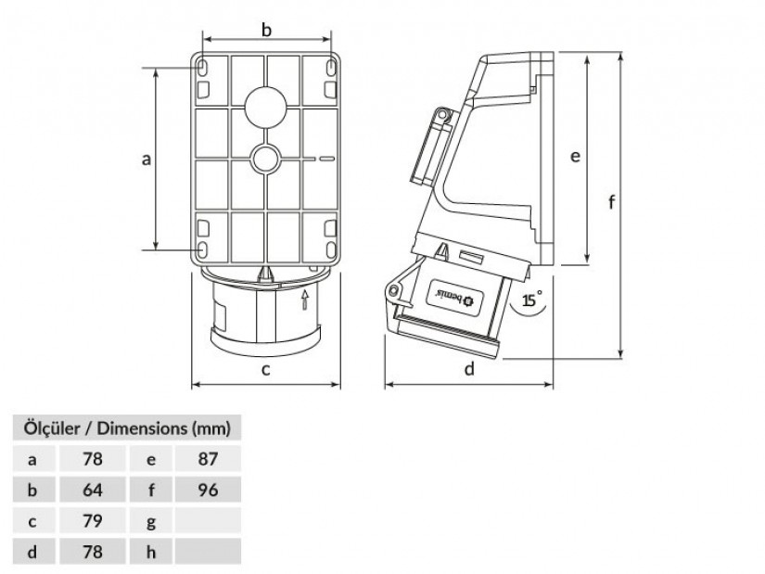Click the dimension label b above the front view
tap(266, 31)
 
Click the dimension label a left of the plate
tap(146, 159)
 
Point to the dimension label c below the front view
tap(265, 370)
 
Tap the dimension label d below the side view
tap(469, 368)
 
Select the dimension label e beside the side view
tap(575, 156)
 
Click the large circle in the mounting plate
tap(265, 107)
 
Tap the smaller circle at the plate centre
tap(265, 159)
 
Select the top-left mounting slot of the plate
tap(202, 68)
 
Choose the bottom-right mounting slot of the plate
tap(330, 249)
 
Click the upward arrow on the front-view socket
tap(305, 300)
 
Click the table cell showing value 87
tap(208, 459)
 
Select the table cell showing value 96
tap(208, 490)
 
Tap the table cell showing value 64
tap(92, 490)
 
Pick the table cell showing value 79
tap(92, 521)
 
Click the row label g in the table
tap(151, 522)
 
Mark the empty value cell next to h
tap(208, 552)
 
